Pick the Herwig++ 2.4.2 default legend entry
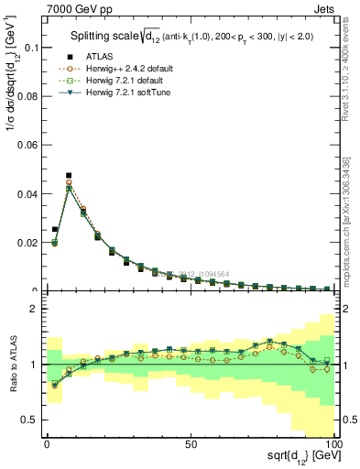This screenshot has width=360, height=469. click(119, 69)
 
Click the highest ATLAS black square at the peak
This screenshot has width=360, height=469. click(69, 175)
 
